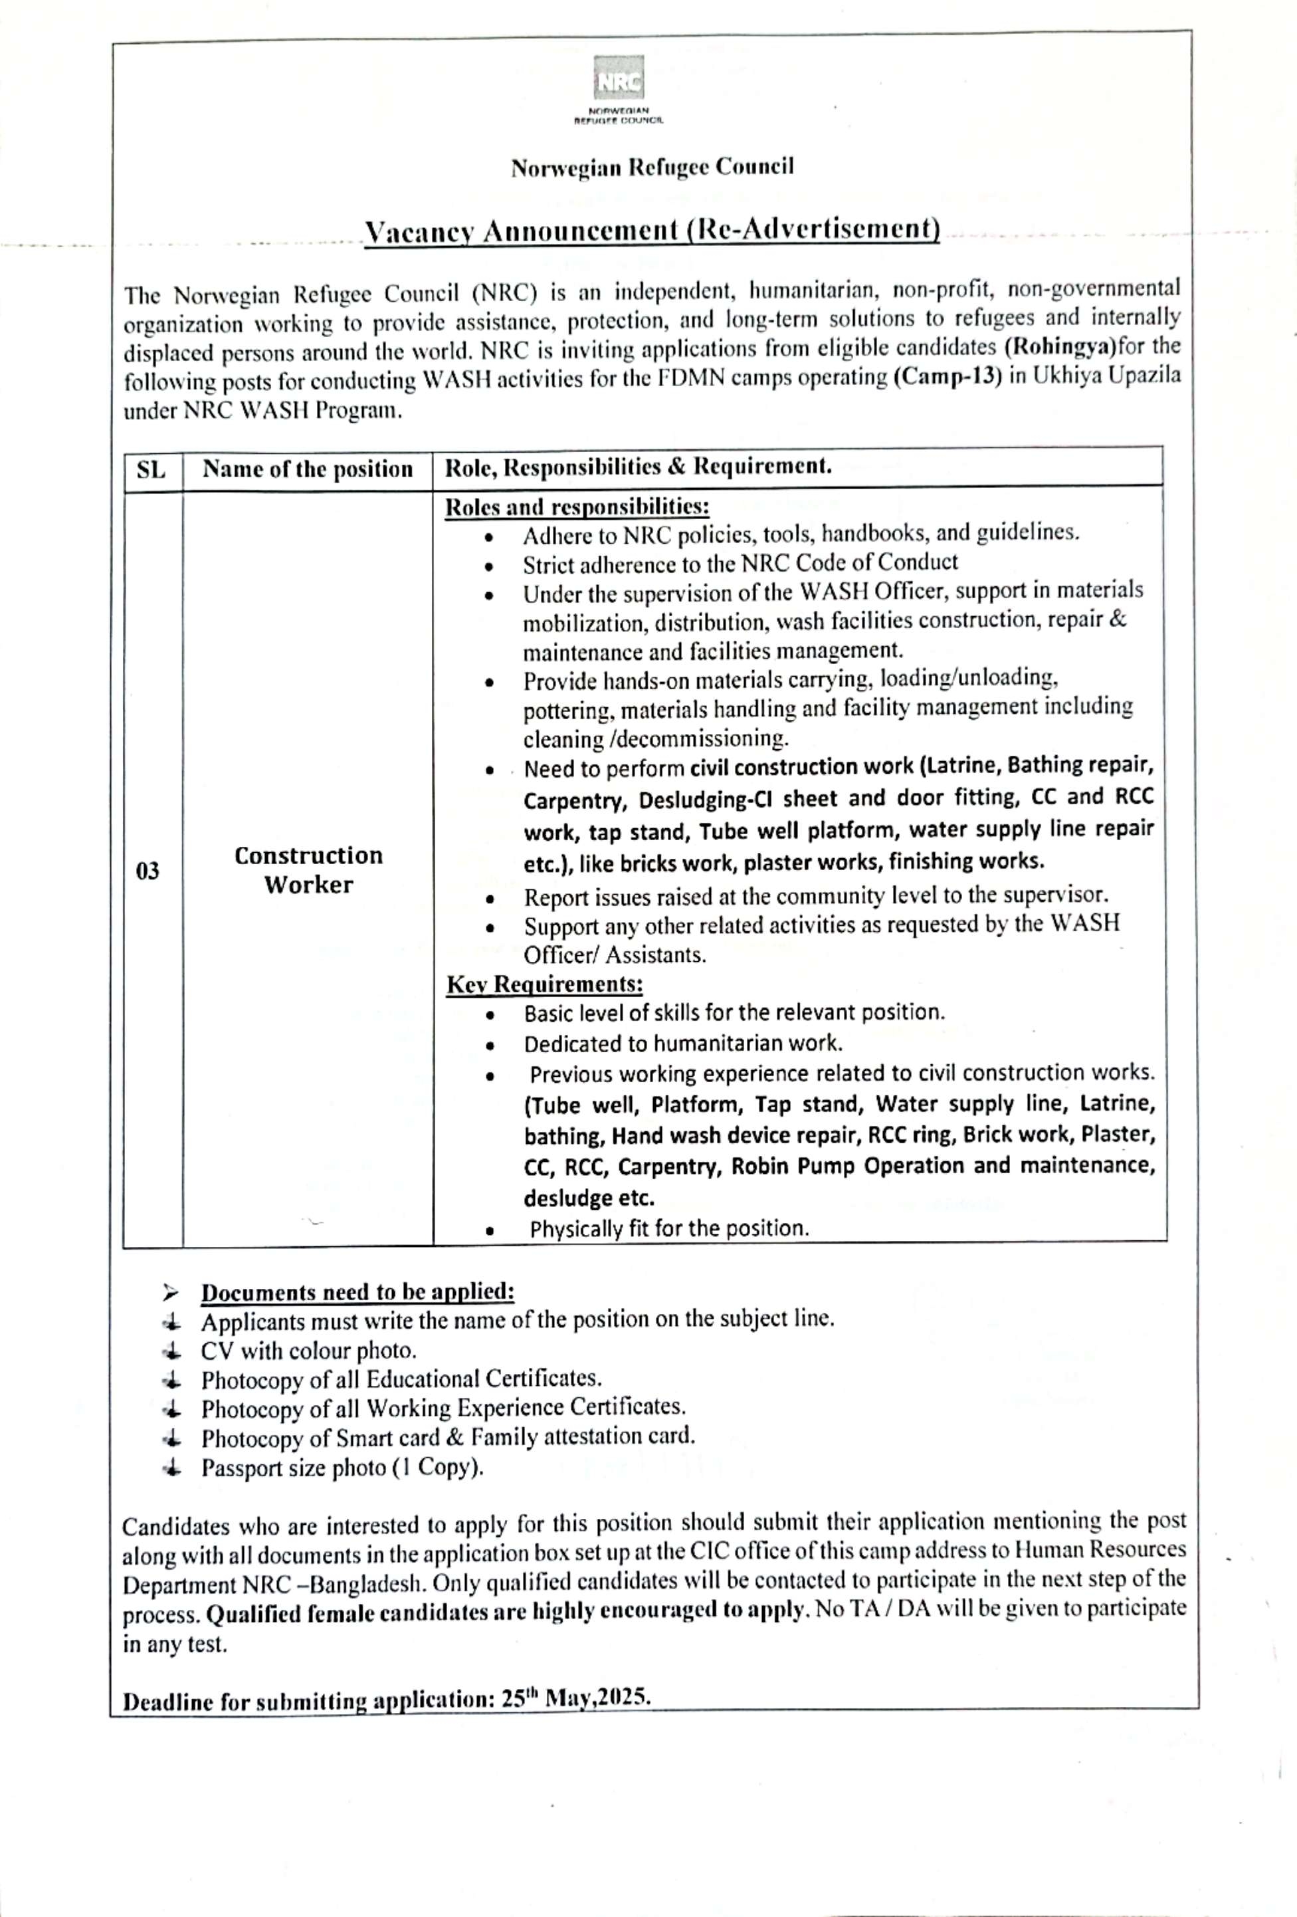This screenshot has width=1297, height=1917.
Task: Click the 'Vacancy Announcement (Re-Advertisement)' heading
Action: click(651, 229)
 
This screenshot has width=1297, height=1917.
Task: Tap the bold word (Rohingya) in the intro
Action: click(1060, 346)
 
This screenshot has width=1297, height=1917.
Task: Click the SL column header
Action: click(151, 470)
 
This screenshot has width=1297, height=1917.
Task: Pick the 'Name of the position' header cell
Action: click(308, 469)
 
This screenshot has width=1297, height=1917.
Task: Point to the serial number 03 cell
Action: click(148, 871)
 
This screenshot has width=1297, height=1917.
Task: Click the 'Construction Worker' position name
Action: click(308, 870)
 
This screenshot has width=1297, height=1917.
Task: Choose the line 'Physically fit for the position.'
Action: click(668, 1229)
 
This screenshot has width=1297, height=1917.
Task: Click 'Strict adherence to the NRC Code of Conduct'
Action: click(740, 564)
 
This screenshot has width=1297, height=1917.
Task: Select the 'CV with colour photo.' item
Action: click(308, 1351)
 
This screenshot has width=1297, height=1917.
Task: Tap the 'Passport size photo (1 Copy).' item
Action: click(342, 1468)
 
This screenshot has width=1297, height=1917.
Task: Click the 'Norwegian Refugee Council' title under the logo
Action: click(651, 168)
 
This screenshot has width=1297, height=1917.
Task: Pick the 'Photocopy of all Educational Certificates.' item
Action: click(401, 1380)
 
